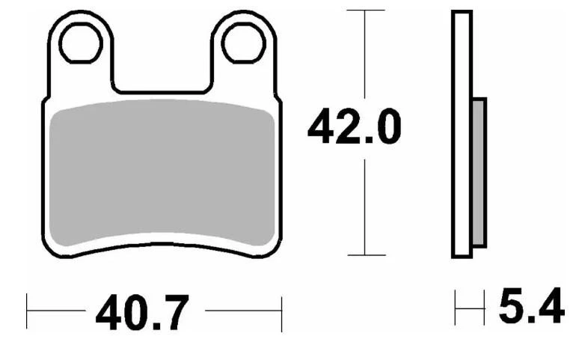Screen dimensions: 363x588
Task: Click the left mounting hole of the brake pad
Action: (x=81, y=43)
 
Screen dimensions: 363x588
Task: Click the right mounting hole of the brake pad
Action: (x=243, y=43)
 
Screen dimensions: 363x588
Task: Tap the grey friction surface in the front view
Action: (x=163, y=172)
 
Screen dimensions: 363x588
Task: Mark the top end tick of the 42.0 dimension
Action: (x=364, y=10)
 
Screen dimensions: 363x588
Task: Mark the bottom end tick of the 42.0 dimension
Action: (x=364, y=255)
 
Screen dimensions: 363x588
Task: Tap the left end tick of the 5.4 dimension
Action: (x=456, y=308)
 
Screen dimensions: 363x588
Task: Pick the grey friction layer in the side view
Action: (x=479, y=172)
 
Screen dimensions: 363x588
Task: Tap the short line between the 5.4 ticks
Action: (x=470, y=308)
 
